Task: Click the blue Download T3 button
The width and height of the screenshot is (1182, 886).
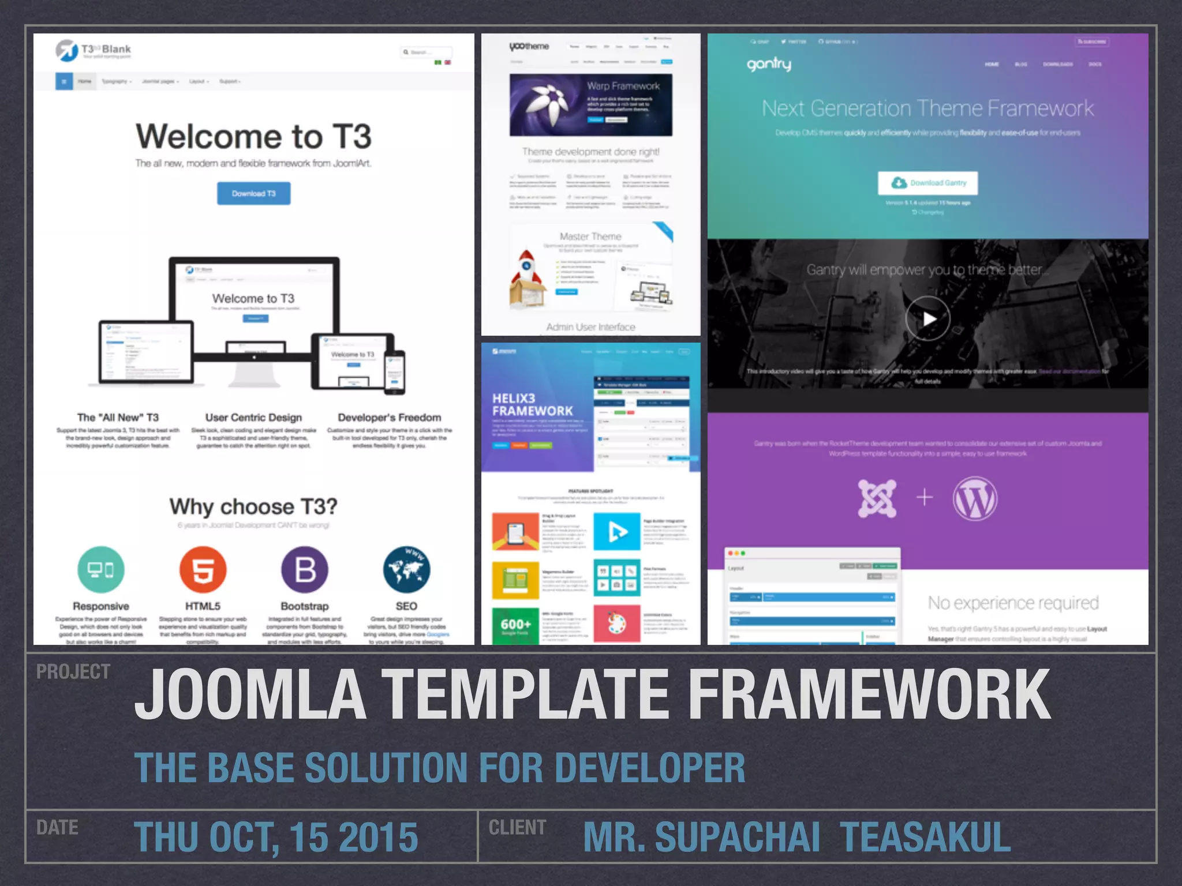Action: [x=253, y=193]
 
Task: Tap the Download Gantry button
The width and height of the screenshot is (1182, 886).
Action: [x=927, y=183]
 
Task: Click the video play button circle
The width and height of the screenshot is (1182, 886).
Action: [x=927, y=318]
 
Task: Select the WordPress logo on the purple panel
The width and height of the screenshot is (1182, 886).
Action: [x=975, y=498]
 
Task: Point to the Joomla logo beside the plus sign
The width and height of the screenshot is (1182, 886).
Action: [x=877, y=498]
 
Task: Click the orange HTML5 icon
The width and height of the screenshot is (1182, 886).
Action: [x=203, y=570]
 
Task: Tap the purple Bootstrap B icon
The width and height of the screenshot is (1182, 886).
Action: [x=305, y=570]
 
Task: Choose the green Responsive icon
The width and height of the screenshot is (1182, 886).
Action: [x=100, y=570]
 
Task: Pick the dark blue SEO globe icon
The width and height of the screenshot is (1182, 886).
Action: [x=406, y=570]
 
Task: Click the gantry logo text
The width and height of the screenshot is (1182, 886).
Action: [x=769, y=64]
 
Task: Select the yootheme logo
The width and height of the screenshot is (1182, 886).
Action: [x=529, y=47]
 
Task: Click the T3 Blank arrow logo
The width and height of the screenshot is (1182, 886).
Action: [x=67, y=51]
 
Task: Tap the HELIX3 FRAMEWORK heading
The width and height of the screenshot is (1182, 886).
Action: [x=532, y=404]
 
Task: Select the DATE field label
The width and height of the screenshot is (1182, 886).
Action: [x=57, y=827]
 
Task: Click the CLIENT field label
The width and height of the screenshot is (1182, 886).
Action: [x=517, y=827]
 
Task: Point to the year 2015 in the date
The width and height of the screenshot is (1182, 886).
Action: [x=378, y=837]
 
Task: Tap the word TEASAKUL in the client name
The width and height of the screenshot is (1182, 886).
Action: [x=925, y=837]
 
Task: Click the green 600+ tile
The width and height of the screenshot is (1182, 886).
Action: [x=515, y=625]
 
